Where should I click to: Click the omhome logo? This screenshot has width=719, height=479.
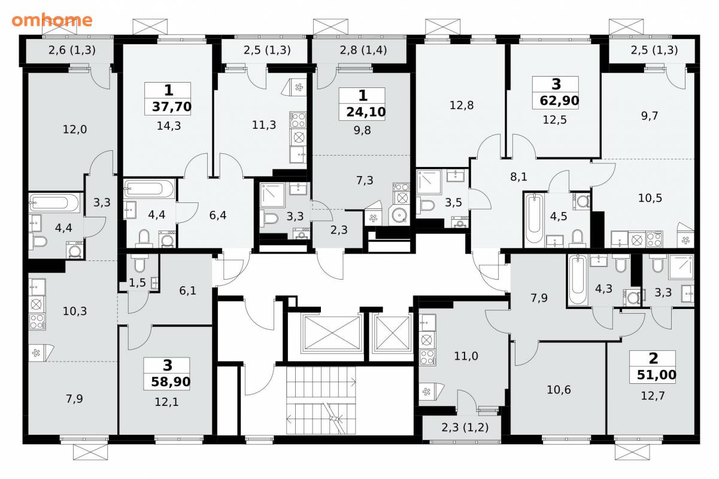coord(52,20)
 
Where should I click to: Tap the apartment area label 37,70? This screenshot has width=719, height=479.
coord(172,107)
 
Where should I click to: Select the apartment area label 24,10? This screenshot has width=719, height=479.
coord(366,112)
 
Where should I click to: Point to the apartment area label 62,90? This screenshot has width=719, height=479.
coord(560,101)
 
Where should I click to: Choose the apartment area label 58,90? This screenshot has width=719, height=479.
coord(171,382)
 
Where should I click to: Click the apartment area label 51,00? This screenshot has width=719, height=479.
coord(657,375)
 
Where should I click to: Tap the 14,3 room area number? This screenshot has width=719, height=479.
coord(169,126)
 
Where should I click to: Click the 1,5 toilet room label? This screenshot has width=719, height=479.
coord(137,283)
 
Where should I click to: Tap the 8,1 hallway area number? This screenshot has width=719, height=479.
coord(518,177)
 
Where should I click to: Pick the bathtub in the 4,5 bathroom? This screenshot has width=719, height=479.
coord(535,218)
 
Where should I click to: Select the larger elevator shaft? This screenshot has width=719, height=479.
coord(332,332)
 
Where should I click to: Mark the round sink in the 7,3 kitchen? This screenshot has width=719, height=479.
coord(399,215)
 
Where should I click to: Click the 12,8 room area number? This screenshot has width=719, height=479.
coord(462,105)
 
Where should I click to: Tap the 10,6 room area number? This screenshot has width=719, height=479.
coord(559,389)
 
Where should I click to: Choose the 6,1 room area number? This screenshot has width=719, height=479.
coord(188,290)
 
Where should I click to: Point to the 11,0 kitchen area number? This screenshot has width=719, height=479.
coord(466,356)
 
